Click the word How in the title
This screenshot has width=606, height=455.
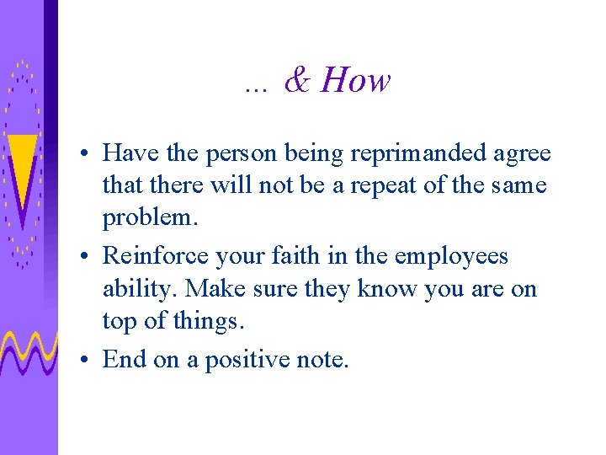point(356,81)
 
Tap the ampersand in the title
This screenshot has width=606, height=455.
point(297,81)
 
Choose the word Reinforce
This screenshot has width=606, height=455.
point(151,256)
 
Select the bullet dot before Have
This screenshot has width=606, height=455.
point(87,155)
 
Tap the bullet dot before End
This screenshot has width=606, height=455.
point(87,361)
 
